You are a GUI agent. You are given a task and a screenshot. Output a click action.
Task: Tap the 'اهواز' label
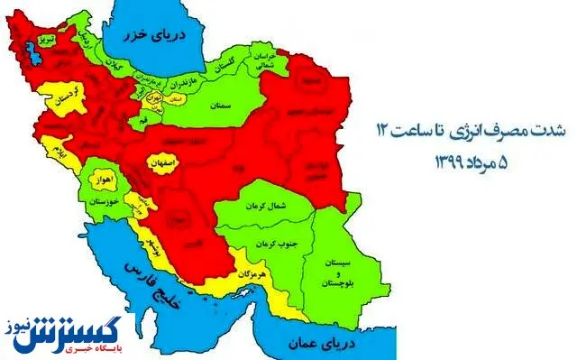(x=100, y=181)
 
